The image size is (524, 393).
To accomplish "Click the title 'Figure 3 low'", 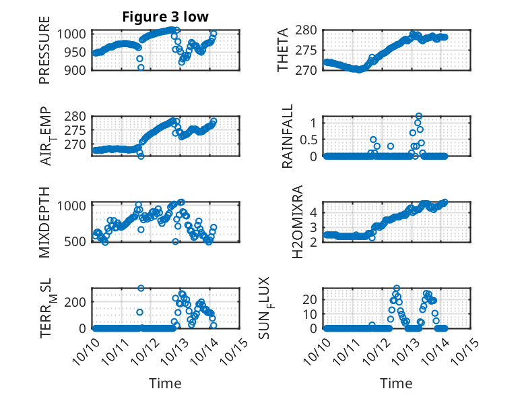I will [166, 17].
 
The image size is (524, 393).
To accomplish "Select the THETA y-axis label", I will [284, 50].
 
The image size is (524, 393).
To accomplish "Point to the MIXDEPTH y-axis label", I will [44, 222].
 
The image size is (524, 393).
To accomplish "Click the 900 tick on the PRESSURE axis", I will [76, 70].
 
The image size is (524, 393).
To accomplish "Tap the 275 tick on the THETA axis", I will [307, 50].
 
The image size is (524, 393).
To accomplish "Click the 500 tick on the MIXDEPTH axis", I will [76, 241].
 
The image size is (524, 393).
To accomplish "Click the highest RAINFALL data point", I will [419, 117].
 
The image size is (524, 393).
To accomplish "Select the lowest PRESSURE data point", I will [141, 67].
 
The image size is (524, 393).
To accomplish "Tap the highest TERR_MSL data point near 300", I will [141, 289].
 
